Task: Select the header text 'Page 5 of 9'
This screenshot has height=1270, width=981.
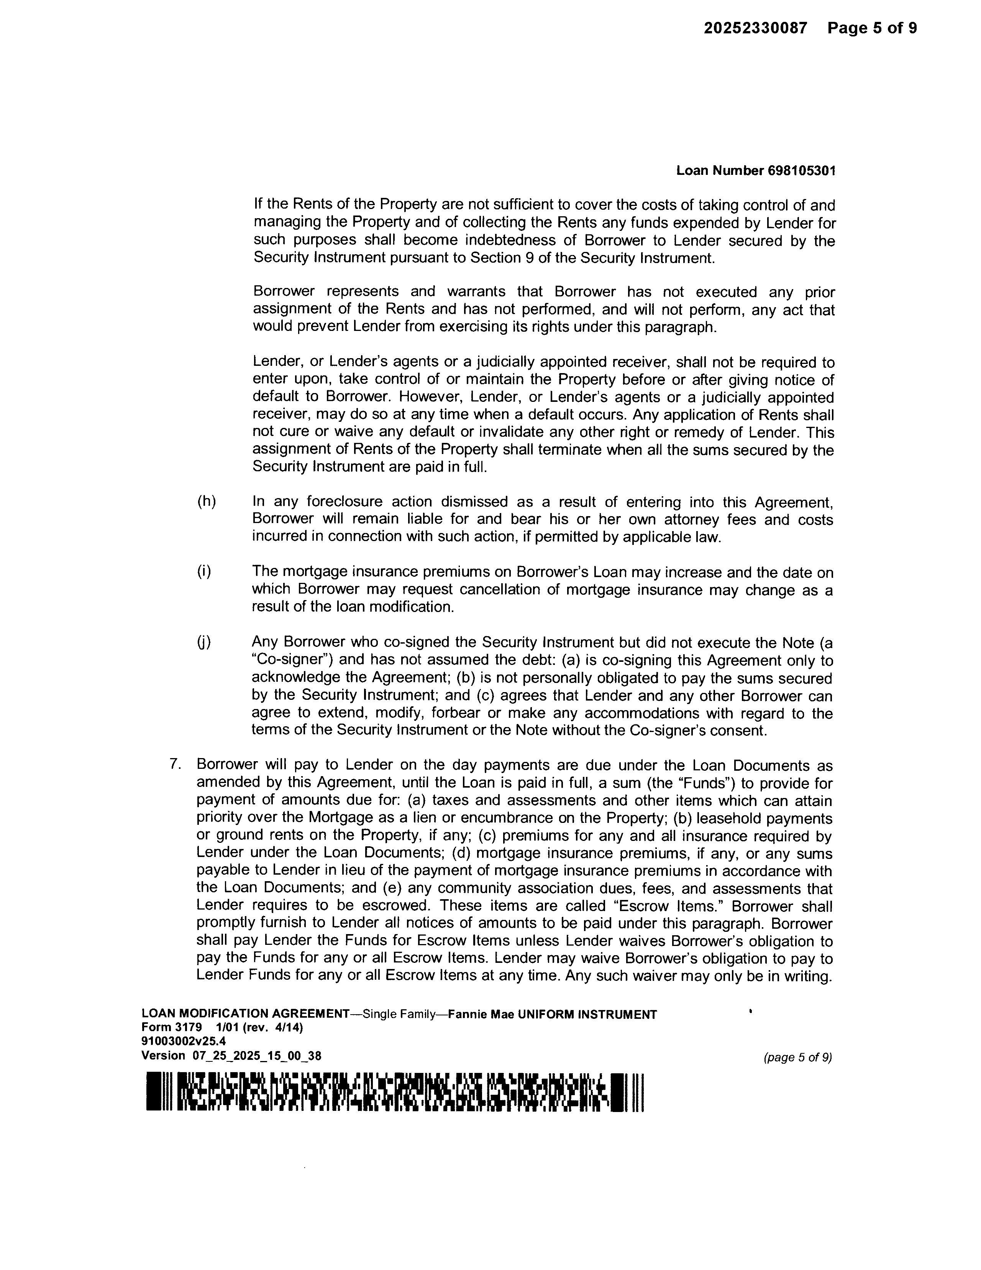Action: point(872,28)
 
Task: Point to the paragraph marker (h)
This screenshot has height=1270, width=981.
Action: point(206,501)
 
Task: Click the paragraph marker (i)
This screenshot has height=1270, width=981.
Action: point(204,572)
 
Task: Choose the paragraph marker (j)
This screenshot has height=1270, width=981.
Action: point(204,642)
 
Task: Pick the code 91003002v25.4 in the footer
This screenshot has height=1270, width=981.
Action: point(184,1041)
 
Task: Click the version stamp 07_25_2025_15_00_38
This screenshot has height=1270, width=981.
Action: point(256,1055)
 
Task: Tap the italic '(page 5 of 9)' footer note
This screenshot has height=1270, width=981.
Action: point(797,1057)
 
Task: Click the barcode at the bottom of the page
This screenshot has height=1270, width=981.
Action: point(395,1092)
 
